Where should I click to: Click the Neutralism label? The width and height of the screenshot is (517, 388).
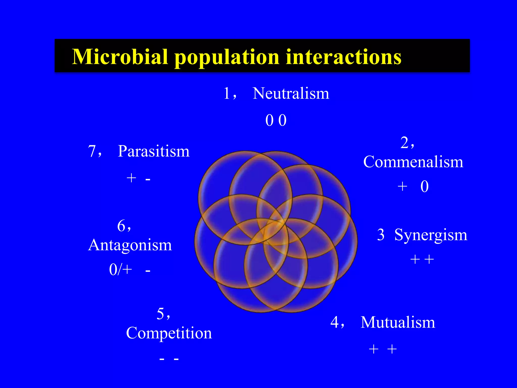pos(291,93)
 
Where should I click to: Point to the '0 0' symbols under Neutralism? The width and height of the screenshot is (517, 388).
pos(276,120)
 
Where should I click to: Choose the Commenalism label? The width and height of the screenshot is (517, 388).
pos(413,162)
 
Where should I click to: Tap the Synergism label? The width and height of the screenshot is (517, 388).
pos(431,235)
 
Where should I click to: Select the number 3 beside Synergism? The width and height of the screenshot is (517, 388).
pos(381,235)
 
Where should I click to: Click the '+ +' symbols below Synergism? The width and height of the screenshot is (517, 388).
pos(422,259)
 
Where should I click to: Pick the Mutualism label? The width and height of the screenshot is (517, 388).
pos(398,322)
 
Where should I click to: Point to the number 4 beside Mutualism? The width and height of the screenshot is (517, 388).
pos(335,322)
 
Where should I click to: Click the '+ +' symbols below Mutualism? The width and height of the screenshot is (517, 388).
pos(383,349)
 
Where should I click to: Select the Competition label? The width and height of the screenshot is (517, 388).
pos(169,333)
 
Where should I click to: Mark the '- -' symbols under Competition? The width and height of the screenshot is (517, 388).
pos(169,359)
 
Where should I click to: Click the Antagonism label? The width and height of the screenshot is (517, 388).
pos(130,245)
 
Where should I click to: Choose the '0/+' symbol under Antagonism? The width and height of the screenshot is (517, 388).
pos(120,269)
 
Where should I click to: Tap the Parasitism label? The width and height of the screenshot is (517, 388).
pos(153,151)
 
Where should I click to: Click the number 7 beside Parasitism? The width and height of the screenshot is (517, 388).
pos(92,151)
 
